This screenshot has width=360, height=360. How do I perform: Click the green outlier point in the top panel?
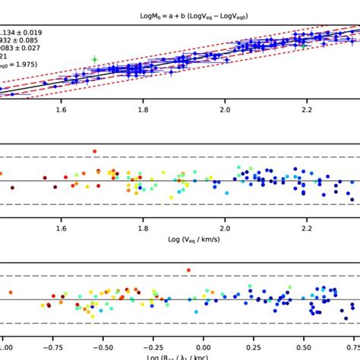95,58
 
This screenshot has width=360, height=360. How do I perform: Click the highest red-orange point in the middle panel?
95,151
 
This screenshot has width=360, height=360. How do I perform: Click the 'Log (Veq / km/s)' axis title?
180,241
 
